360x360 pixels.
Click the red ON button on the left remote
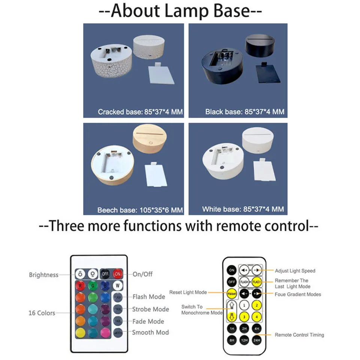118,274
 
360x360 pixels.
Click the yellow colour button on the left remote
81,332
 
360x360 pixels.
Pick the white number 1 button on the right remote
244,305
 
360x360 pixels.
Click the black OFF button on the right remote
231,281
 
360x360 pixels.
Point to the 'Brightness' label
44,275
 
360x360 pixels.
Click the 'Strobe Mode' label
150,309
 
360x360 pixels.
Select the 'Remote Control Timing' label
299,335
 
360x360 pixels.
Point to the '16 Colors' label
42,313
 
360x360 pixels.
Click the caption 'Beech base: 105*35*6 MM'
140,210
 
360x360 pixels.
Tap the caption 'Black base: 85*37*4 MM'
245,112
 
